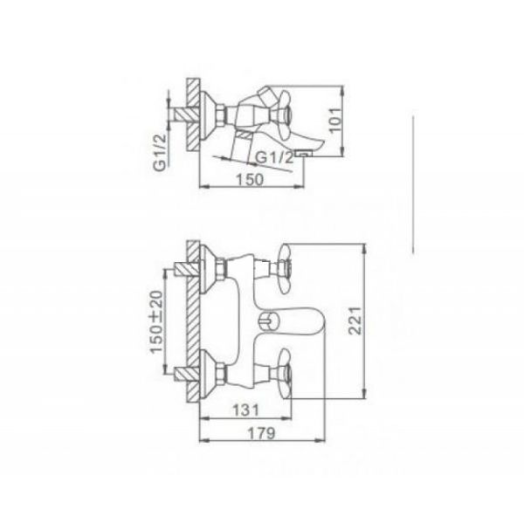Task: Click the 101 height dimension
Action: click(x=337, y=120)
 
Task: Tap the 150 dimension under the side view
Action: click(x=250, y=179)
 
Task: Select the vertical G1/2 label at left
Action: click(x=160, y=152)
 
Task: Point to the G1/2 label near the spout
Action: click(x=274, y=157)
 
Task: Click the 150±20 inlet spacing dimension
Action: click(x=156, y=321)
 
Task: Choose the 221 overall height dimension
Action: click(x=355, y=321)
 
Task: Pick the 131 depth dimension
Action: click(x=246, y=410)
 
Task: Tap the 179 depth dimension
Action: click(x=262, y=433)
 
